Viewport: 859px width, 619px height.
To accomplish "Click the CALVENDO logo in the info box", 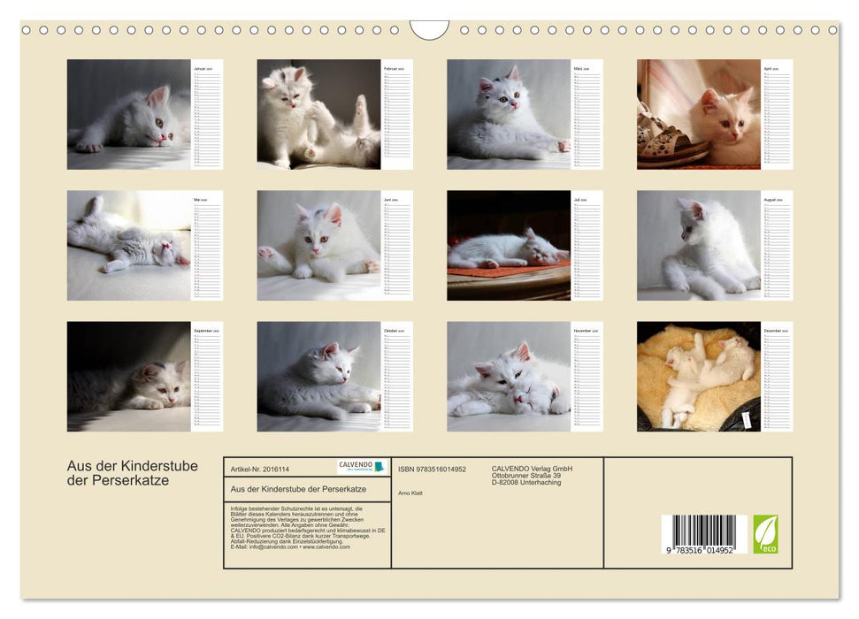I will click(x=362, y=466).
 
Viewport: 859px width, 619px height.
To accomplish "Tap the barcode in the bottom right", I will click(x=704, y=534).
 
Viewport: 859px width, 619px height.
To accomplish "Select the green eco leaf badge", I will click(x=765, y=534).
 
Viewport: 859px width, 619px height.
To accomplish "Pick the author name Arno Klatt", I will click(x=411, y=493).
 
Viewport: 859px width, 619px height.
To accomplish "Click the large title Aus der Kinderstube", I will click(x=133, y=466).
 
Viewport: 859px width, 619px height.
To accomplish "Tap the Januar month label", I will click(x=202, y=67).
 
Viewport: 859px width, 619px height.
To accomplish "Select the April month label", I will click(x=771, y=67).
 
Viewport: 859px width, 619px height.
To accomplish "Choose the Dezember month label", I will click(x=775, y=330).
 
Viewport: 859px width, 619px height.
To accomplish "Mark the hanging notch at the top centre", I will click(x=429, y=30).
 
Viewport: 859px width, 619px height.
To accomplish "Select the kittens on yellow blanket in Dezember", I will click(x=699, y=376).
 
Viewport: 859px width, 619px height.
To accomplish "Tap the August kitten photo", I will click(x=699, y=246).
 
